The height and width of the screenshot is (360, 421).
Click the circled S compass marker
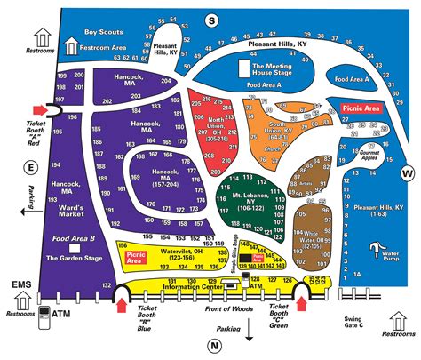(211, 20)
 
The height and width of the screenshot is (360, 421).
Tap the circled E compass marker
(32, 166)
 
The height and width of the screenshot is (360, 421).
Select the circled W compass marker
(407, 172)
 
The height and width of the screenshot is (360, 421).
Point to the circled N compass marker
(214, 346)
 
